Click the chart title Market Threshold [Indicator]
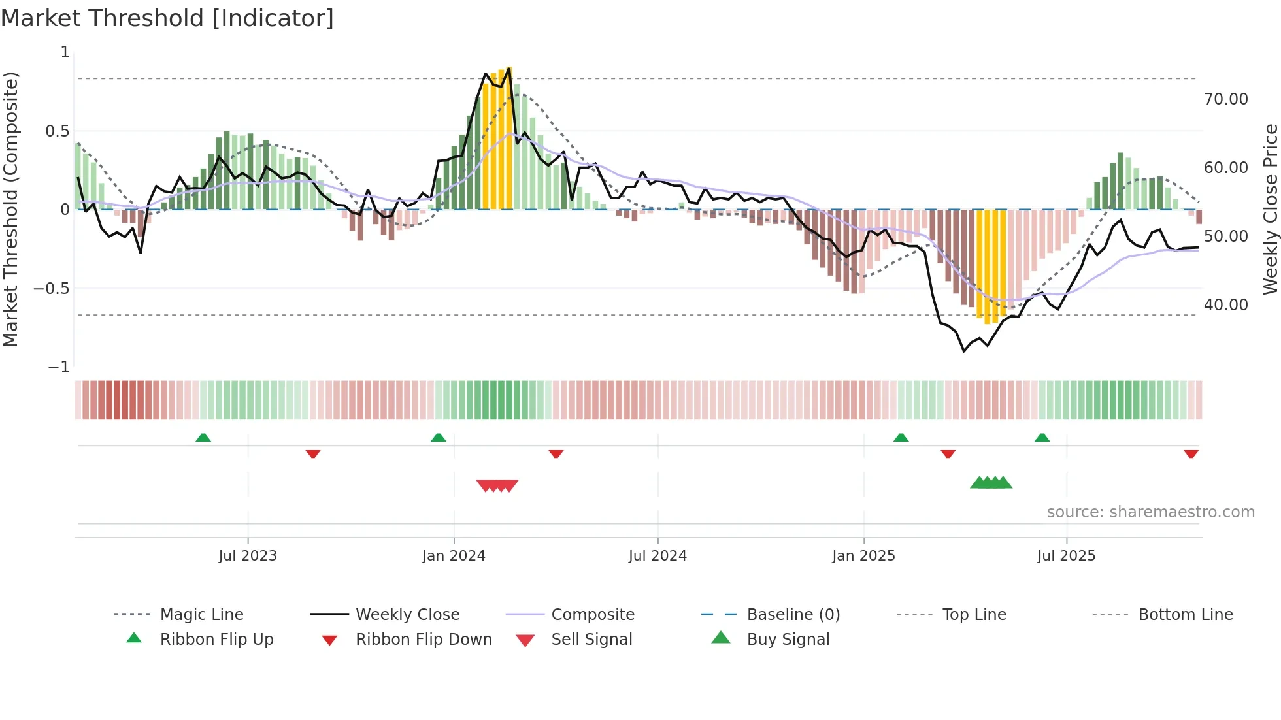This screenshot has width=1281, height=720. [x=167, y=18]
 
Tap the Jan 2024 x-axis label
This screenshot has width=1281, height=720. [x=454, y=555]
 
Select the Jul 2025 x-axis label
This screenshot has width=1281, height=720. [x=1066, y=555]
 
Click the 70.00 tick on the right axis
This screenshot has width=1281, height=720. [x=1225, y=99]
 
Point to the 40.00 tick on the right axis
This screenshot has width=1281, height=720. [x=1225, y=304]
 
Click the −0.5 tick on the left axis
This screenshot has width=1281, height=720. [x=52, y=288]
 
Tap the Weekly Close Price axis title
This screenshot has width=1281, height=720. [x=1270, y=209]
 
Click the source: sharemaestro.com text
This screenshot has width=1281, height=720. [x=1150, y=512]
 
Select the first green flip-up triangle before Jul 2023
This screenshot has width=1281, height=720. [x=203, y=438]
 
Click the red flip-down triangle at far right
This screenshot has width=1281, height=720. [x=1191, y=453]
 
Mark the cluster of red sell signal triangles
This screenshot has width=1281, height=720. [x=497, y=485]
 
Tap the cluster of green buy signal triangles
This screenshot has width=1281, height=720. [x=991, y=483]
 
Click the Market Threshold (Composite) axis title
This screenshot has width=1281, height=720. [x=10, y=209]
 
